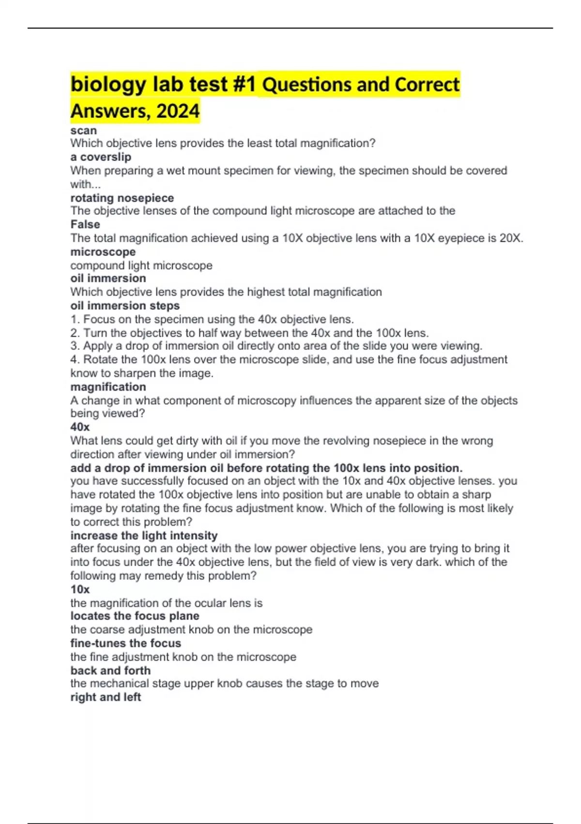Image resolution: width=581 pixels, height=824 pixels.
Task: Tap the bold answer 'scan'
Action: coord(83,131)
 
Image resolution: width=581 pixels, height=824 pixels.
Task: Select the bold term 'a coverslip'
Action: coord(101,157)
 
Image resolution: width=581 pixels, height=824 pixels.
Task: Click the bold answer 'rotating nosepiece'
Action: coord(122,198)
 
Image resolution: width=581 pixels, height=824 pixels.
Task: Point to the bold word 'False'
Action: coord(85,224)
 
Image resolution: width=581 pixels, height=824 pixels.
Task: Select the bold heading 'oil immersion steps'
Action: coord(125,306)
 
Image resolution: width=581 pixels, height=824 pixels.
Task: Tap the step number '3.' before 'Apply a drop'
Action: coord(75,346)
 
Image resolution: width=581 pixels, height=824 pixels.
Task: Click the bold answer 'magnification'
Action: coord(108,387)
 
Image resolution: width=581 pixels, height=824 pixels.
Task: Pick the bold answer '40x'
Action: coord(80,427)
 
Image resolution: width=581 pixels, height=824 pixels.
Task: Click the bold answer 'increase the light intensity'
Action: coord(144,536)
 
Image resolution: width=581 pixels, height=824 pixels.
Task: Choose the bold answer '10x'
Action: coord(80,589)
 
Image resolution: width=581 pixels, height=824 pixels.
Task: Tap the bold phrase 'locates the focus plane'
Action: coord(135,616)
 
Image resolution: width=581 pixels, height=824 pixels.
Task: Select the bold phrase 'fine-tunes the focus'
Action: coord(125,643)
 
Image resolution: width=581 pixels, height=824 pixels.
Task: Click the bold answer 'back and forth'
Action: coord(110,670)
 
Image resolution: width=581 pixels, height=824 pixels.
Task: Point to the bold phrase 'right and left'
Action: coord(106,697)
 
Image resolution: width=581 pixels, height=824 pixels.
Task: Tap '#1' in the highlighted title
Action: coord(244,85)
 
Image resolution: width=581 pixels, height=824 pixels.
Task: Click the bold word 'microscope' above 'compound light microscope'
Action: coord(103,252)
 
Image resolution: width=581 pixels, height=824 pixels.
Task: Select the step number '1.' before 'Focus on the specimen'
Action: coord(75,319)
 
